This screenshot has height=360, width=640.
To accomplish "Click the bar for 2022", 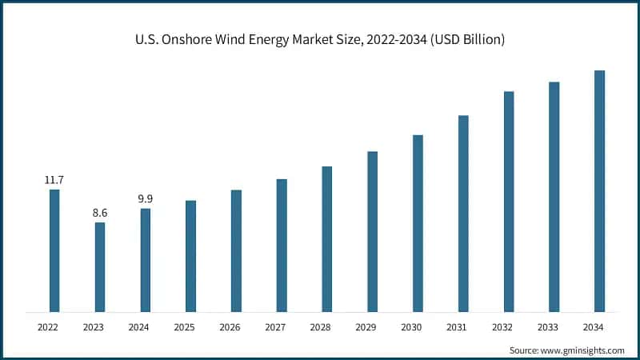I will (x=54, y=250).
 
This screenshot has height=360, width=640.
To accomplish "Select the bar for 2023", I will (x=100, y=267).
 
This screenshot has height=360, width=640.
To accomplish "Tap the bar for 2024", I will (x=145, y=260).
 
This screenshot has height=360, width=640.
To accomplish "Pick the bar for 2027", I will (x=282, y=246).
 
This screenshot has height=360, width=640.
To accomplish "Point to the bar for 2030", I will (x=418, y=223).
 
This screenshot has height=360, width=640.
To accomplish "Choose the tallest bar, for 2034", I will (x=599, y=191).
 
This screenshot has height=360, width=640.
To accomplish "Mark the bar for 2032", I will (x=508, y=202).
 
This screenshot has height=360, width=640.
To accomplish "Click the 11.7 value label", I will (x=54, y=180).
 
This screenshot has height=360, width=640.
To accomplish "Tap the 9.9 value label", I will (x=145, y=199).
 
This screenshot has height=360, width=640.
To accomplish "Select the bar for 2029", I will (x=372, y=231).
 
